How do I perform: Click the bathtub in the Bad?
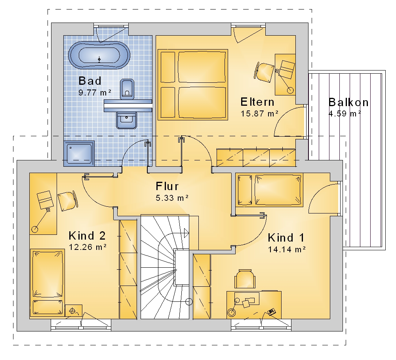pos(99,55)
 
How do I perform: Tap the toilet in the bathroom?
pos(127,89)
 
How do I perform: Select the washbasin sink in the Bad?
pos(127,120)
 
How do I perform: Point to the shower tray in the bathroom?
pos(79,153)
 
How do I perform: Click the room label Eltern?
pos(257,102)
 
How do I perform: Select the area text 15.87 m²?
pos(259,114)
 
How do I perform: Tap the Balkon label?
pos(348,102)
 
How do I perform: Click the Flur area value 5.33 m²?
pos(172,198)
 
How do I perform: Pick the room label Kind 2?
pos(87,236)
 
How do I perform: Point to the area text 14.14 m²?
pos(287,250)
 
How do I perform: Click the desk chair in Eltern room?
pos(264,72)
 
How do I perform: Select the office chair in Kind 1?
pos(244,279)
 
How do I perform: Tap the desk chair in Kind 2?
pos(68,201)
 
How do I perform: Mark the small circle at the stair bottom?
pos(189,302)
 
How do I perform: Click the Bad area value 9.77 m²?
pos(95,93)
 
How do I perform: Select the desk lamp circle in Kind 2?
pos(34,229)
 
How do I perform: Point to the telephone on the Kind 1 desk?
pos(272,312)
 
